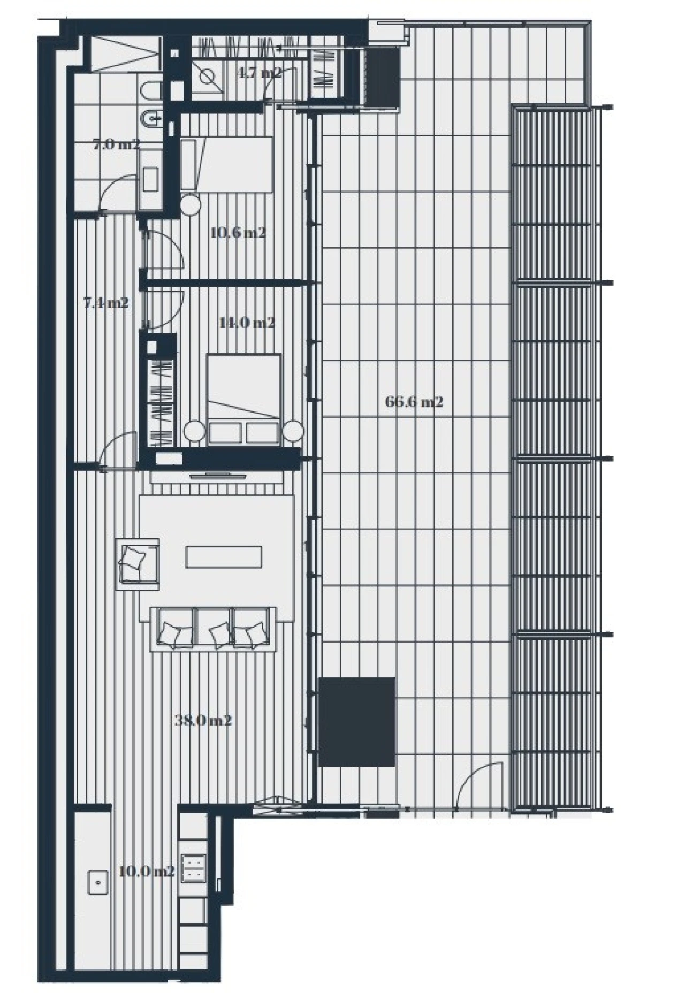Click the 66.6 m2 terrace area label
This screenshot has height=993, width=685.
414,402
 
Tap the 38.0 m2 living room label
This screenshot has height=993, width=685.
203,721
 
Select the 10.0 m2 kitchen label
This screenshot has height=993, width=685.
146,872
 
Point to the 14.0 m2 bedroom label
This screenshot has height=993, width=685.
247,323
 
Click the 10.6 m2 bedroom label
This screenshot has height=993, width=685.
238,233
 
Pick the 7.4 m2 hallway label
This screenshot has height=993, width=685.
106,303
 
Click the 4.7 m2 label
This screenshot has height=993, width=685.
260,73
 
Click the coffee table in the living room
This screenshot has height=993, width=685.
224,556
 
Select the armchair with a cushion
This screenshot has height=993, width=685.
138,564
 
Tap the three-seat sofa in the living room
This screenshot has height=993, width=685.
213,629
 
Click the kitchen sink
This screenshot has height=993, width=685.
98,882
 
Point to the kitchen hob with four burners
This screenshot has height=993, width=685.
194,868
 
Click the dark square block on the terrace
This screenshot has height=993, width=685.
356,721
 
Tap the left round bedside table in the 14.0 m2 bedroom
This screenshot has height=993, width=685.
194,431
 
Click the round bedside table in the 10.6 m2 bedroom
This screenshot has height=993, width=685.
189,204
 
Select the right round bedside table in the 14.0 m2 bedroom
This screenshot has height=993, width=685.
293,431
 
